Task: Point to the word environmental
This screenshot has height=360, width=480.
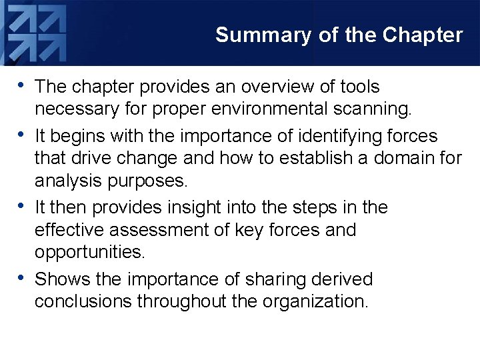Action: [262, 109]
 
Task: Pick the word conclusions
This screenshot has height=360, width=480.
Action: [83, 301]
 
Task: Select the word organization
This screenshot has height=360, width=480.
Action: [315, 301]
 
